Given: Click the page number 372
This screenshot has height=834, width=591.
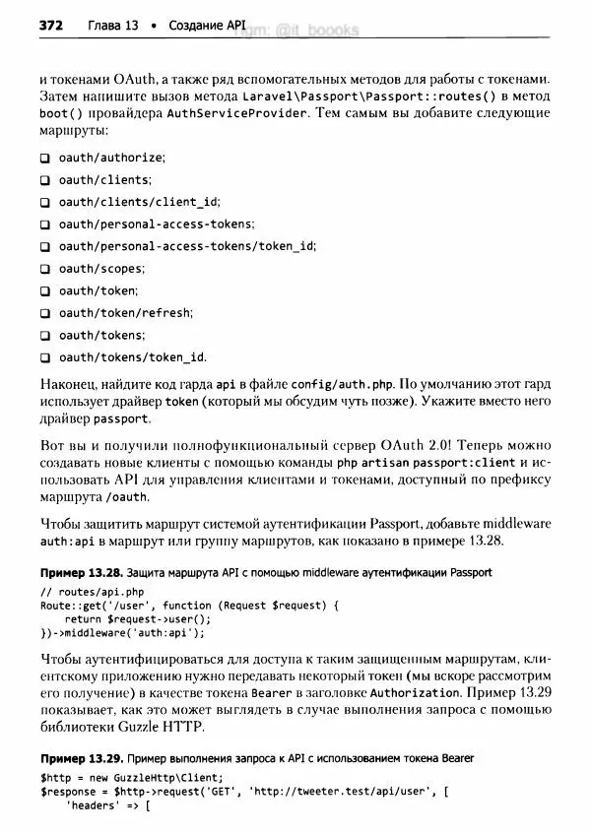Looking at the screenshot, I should click(50, 26).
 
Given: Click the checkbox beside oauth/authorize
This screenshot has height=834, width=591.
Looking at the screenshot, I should click(45, 158).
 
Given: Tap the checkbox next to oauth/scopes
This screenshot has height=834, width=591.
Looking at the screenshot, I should click(45, 269).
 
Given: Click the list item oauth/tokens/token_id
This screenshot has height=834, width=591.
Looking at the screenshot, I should click(132, 357).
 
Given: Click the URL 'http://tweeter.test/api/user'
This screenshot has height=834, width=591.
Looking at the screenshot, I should click(337, 791).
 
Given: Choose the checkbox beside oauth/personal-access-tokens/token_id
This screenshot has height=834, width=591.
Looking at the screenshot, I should click(45, 246).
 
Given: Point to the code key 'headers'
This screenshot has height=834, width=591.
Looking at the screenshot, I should click(97, 805).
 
